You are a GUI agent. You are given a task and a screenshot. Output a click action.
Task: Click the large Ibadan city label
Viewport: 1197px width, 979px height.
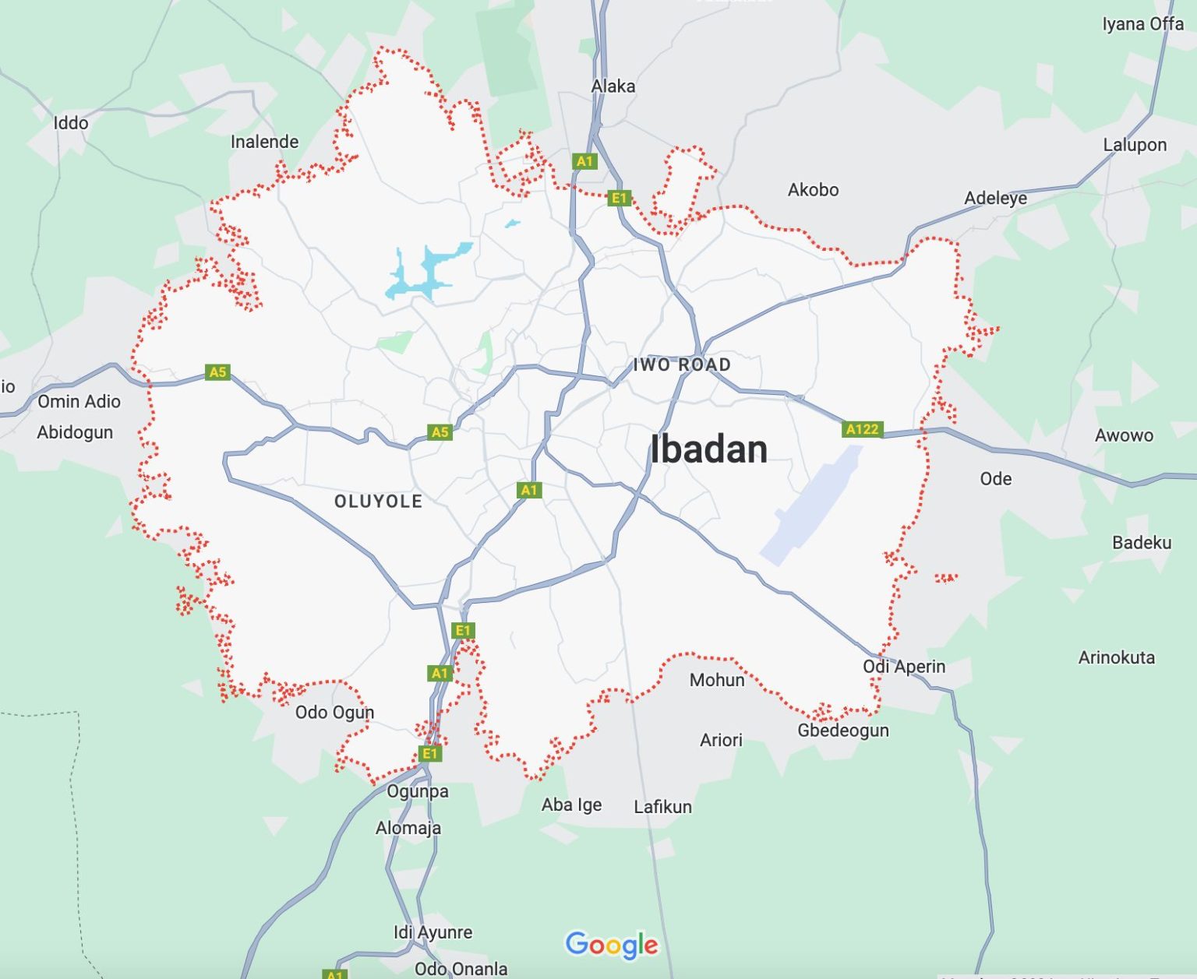pyautogui.click(x=708, y=449)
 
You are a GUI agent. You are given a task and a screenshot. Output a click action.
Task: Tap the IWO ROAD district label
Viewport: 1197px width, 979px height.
pyautogui.click(x=682, y=364)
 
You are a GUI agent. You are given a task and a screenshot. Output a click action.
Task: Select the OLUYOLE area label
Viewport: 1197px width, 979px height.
pyautogui.click(x=379, y=502)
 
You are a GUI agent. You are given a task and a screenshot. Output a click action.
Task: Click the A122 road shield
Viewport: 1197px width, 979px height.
pyautogui.click(x=862, y=429)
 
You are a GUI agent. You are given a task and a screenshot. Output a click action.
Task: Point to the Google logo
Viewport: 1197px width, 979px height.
pyautogui.click(x=612, y=945)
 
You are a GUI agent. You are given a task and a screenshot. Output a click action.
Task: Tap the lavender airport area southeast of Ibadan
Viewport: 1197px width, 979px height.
pyautogui.click(x=810, y=506)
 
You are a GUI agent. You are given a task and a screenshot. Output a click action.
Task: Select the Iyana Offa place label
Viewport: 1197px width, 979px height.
pyautogui.click(x=1142, y=24)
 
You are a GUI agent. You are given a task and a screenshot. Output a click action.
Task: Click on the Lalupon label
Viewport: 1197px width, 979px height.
pyautogui.click(x=1135, y=145)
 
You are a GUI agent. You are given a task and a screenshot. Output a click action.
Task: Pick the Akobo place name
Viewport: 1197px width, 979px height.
pyautogui.click(x=813, y=189)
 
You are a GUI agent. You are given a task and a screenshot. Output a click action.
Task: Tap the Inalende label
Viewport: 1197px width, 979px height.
pyautogui.click(x=264, y=142)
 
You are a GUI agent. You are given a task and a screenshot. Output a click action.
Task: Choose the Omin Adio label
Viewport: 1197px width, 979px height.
pyautogui.click(x=79, y=402)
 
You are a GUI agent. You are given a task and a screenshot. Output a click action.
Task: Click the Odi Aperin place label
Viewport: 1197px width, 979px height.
pyautogui.click(x=903, y=667)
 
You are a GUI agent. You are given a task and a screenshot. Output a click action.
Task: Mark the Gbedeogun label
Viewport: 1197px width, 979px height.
pyautogui.click(x=842, y=731)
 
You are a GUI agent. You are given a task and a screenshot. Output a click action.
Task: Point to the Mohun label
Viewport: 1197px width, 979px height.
pyautogui.click(x=717, y=680)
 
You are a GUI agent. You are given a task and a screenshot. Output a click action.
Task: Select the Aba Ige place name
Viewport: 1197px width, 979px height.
pyautogui.click(x=571, y=805)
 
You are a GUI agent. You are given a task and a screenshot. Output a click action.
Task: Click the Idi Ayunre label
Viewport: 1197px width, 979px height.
pyautogui.click(x=433, y=932)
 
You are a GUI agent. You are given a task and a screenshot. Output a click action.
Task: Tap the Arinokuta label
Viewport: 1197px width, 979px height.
pyautogui.click(x=1116, y=657)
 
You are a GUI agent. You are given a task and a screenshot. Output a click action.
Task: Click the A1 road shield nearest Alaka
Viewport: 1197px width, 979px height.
pyautogui.click(x=584, y=161)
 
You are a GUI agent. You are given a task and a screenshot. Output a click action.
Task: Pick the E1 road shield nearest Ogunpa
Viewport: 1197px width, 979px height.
pyautogui.click(x=429, y=753)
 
